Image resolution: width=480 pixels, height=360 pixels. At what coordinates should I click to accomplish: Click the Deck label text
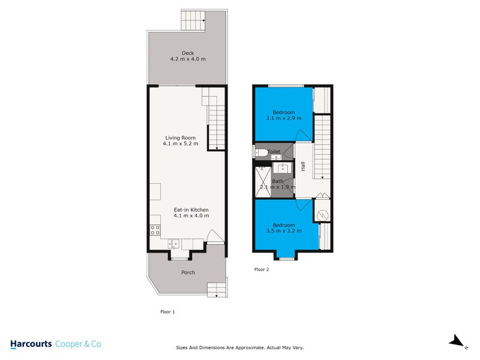(188, 56)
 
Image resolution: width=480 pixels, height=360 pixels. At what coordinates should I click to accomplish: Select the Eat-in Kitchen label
(191, 212)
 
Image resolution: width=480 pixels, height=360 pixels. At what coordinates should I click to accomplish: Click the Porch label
(188, 272)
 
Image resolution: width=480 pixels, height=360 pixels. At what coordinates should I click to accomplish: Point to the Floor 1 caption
(167, 312)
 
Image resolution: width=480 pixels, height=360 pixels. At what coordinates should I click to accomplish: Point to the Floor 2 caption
(262, 269)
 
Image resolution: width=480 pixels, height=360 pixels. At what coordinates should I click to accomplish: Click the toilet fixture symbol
(260, 152)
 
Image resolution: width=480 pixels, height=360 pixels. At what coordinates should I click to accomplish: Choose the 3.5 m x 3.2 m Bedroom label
(284, 227)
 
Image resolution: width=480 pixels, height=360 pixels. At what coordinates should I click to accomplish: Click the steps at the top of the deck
(193, 22)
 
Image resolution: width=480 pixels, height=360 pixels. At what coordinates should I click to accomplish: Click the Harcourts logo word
(31, 344)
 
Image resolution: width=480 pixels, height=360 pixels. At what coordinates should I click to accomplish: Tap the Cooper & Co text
(78, 344)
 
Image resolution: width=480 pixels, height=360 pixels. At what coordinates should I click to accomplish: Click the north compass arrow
(458, 341)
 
